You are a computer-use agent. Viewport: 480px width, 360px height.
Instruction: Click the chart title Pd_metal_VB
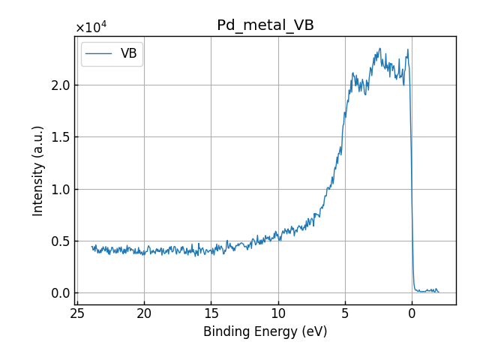click(x=265, y=25)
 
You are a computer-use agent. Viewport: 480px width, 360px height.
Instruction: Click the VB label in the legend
click(x=128, y=54)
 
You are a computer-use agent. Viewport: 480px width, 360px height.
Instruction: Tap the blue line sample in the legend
click(x=99, y=54)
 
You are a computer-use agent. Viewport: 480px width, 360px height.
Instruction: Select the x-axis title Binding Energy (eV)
click(x=265, y=331)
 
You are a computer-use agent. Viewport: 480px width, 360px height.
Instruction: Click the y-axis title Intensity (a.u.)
click(x=38, y=170)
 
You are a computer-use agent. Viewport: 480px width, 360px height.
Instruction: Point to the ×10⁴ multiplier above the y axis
click(x=91, y=28)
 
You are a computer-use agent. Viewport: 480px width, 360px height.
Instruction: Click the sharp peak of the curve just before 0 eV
click(x=408, y=50)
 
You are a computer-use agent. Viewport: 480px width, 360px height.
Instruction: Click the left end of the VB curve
click(x=92, y=247)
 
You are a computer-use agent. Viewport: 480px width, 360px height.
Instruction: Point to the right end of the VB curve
click(x=439, y=292)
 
